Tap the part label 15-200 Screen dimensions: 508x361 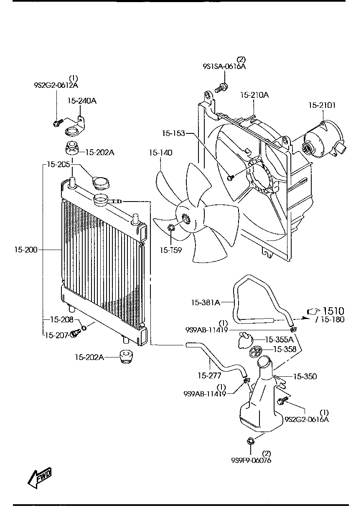tap(25, 250)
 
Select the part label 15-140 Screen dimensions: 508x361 tap(160, 153)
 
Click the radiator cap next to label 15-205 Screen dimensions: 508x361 tap(100, 183)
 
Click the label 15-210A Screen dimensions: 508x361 tap(254, 95)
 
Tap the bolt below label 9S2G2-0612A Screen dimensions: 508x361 tap(57, 123)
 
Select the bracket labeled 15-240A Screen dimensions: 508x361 tap(76, 128)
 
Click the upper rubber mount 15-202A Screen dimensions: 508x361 tap(71, 148)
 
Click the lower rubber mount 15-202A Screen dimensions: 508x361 tap(125, 357)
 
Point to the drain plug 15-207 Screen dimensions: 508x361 tap(75, 334)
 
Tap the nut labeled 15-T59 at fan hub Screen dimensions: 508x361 tap(171, 228)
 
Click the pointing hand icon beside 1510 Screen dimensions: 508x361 tap(313, 311)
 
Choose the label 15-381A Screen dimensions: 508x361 tap(206, 302)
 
